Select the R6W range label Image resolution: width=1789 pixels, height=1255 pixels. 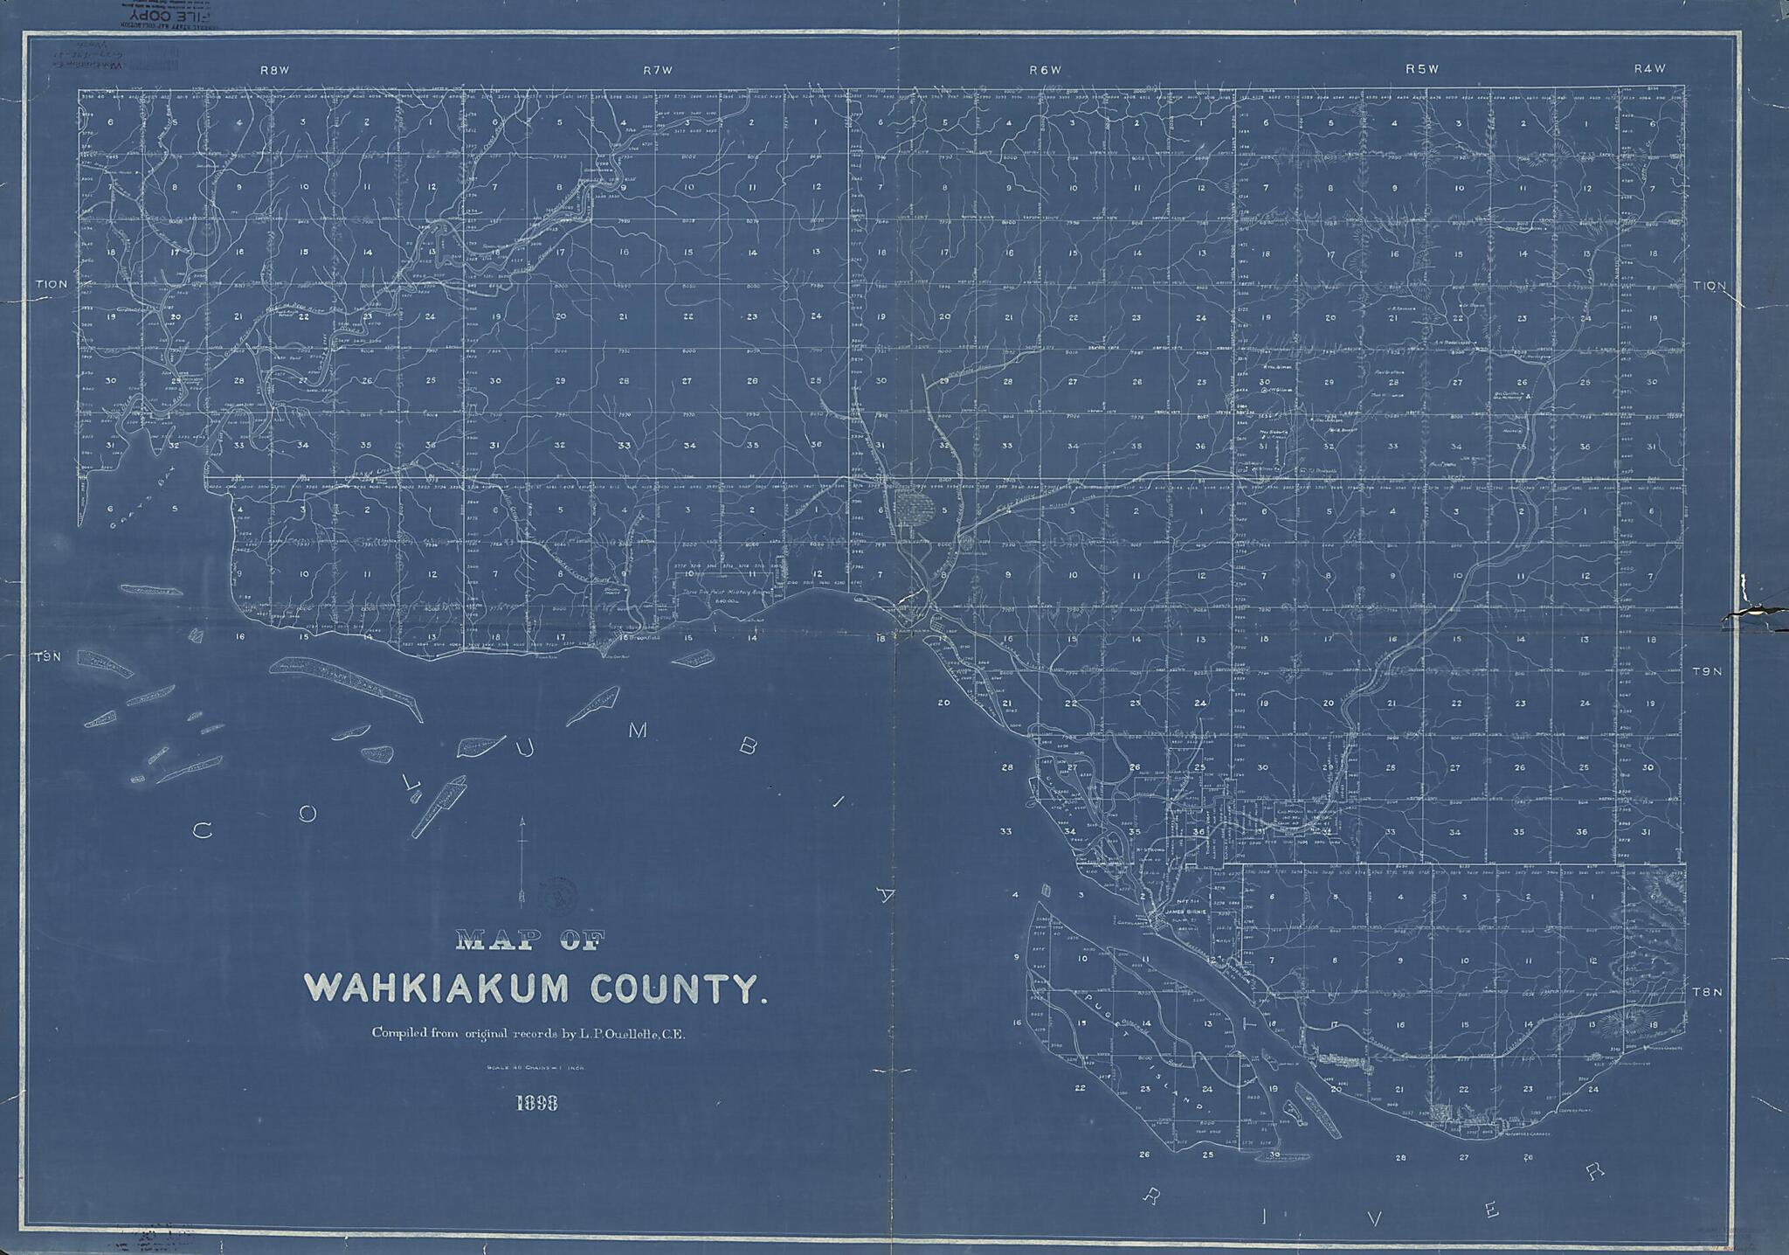coord(1044,69)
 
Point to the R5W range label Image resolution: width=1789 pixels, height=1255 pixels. coord(1422,69)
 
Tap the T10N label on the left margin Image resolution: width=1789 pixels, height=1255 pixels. coord(52,285)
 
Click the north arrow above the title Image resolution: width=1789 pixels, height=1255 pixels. coord(522,857)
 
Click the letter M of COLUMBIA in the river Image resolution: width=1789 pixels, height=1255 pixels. coord(638,732)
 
